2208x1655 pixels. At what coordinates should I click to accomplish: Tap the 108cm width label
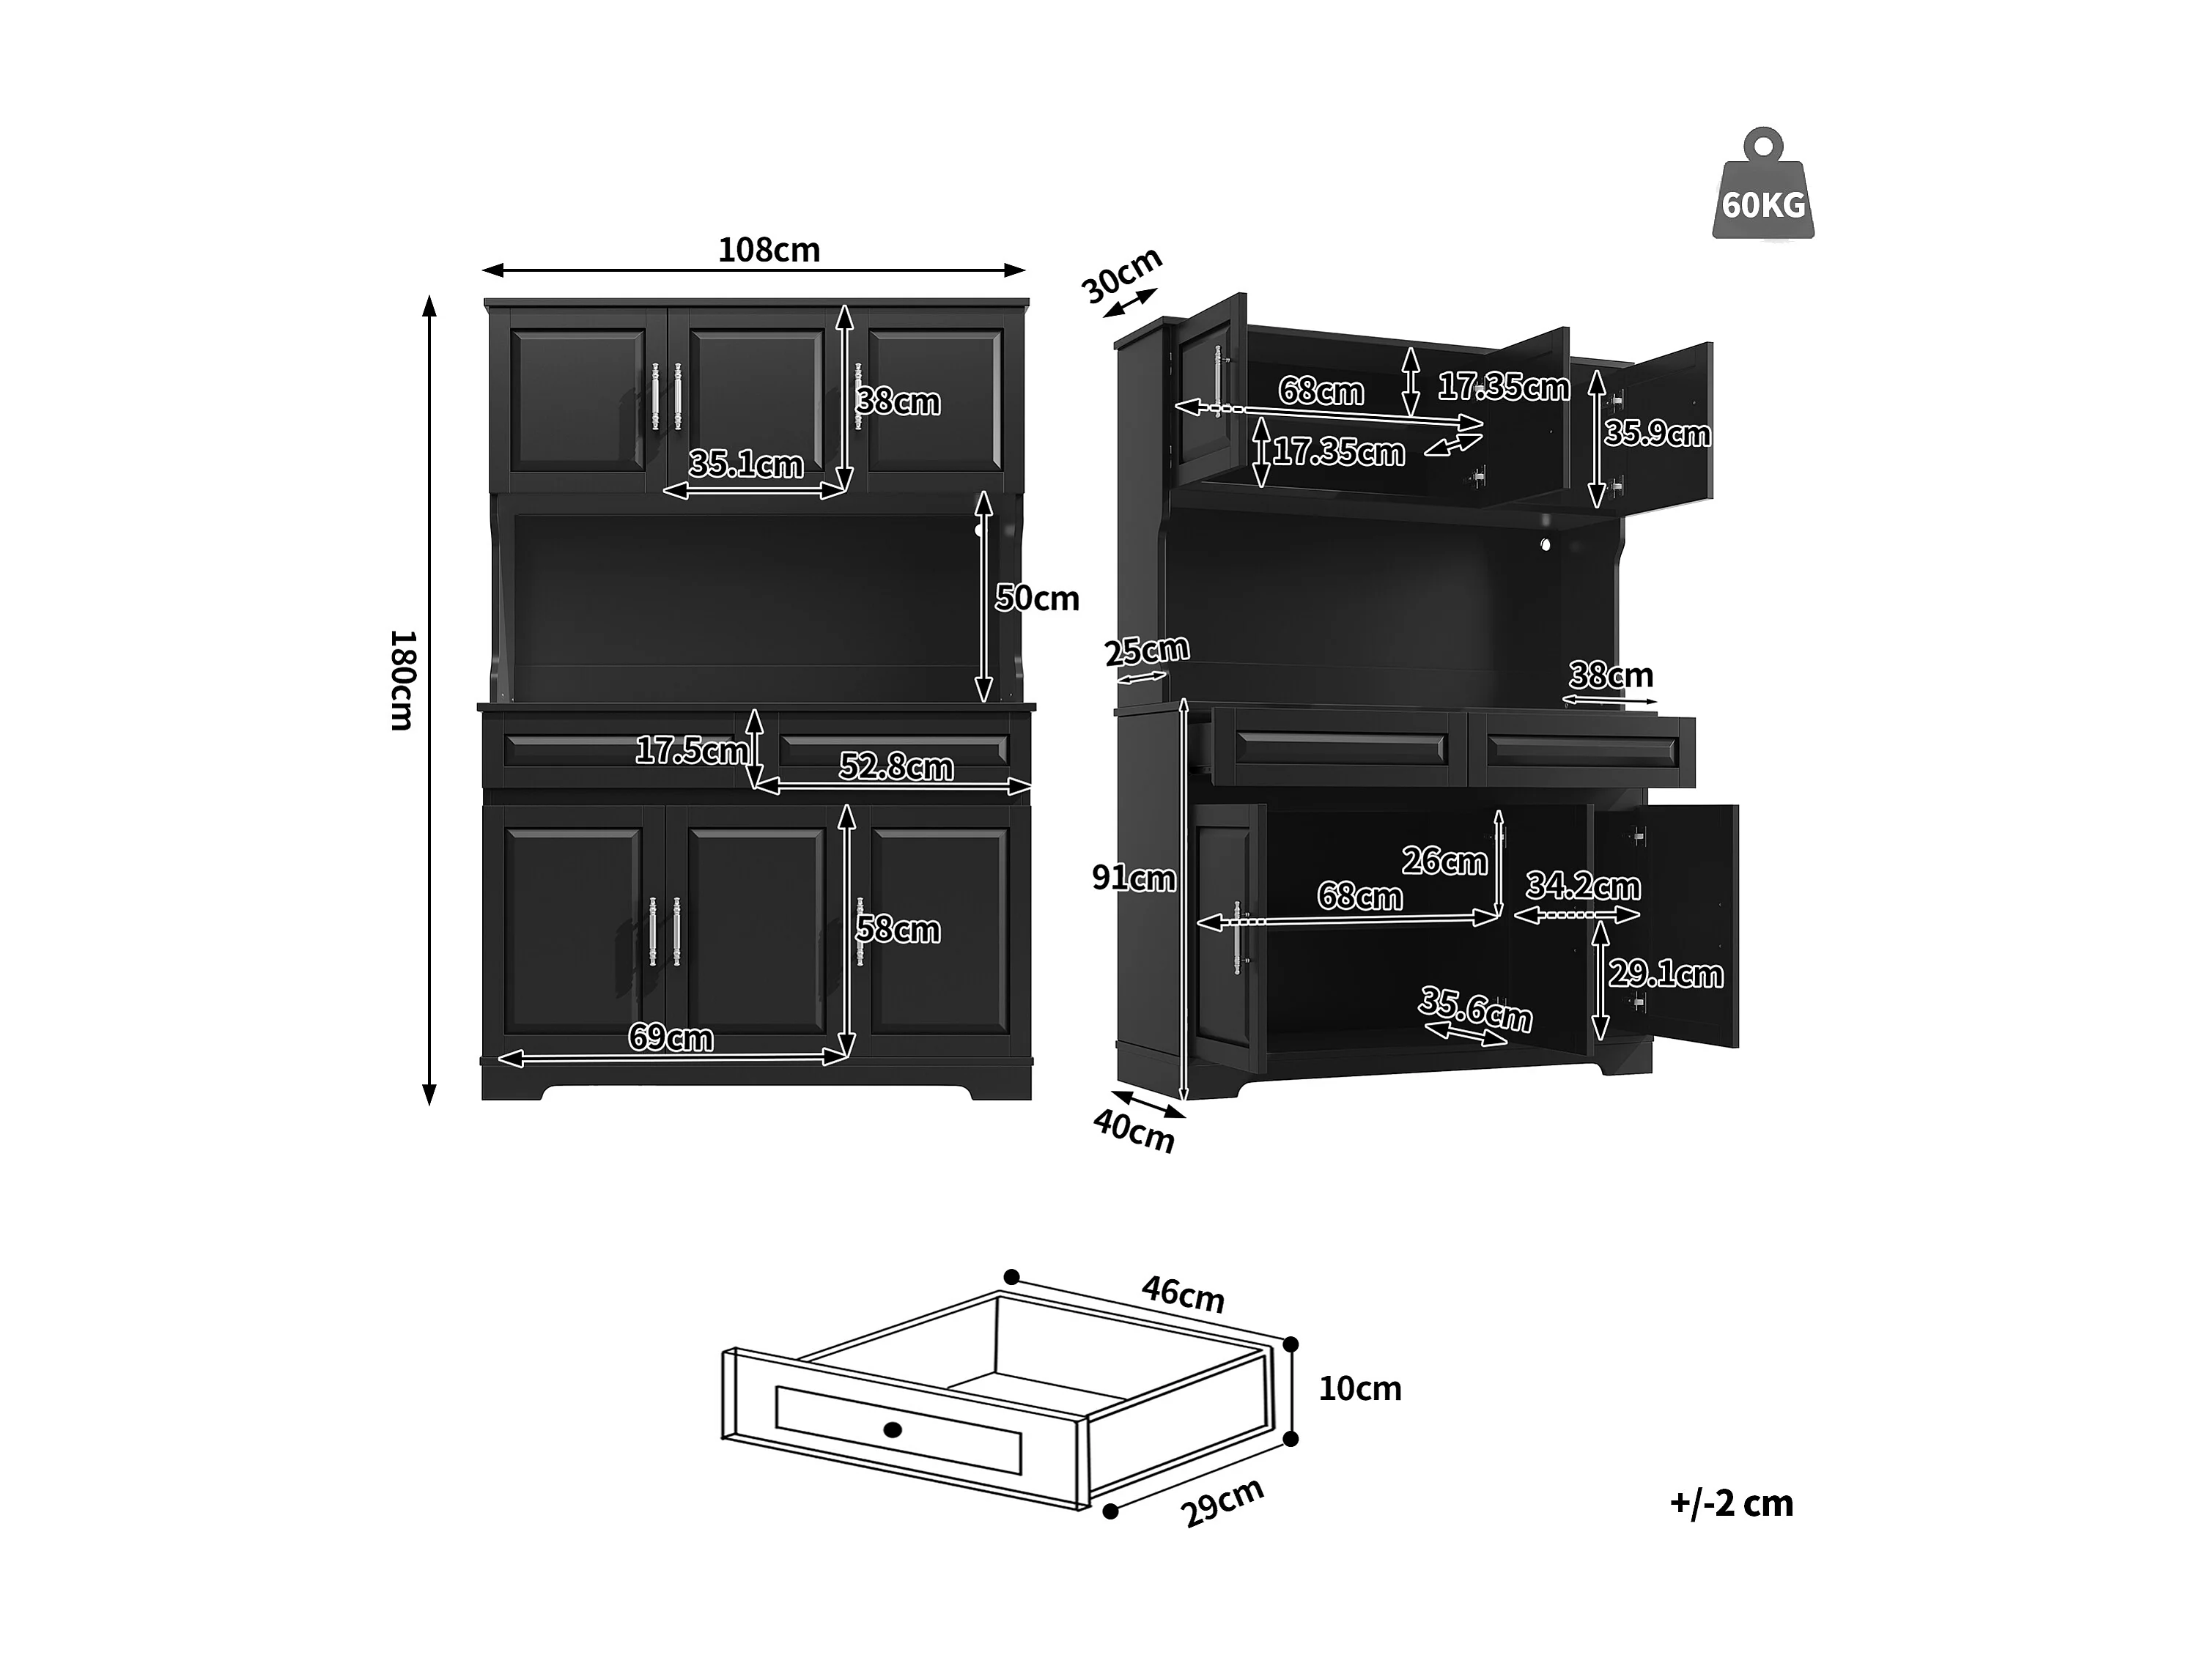[769, 250]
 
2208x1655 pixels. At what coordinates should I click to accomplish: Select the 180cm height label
[402, 680]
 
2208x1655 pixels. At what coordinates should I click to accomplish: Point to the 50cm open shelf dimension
[1037, 598]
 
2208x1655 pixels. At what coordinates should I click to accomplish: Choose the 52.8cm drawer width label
[896, 766]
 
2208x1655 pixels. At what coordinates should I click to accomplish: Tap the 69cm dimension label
[670, 1038]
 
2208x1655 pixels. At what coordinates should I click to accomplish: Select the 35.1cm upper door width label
[746, 464]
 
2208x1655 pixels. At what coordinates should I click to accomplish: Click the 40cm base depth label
[1134, 1131]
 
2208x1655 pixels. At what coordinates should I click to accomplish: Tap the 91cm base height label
[1133, 878]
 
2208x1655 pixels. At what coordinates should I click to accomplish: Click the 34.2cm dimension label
[1583, 886]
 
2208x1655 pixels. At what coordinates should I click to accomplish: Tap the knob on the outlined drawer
[893, 1429]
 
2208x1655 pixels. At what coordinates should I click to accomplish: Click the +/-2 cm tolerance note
[1731, 1503]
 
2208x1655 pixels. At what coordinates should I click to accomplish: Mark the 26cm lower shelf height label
[1444, 860]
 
